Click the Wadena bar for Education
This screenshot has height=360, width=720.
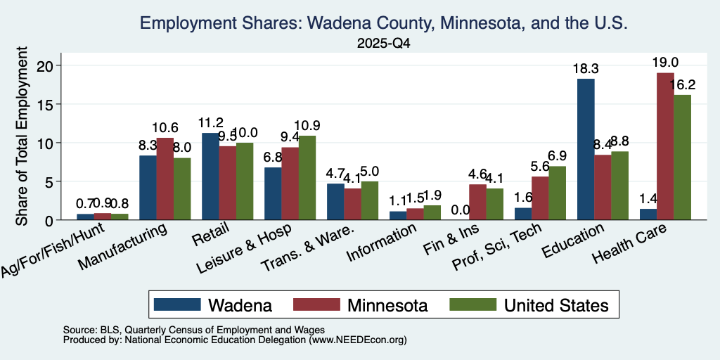[x=586, y=149]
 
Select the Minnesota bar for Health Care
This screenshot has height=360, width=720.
[x=665, y=146]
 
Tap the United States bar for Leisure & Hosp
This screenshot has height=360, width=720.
[x=307, y=178]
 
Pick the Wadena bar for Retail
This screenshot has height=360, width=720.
[x=210, y=176]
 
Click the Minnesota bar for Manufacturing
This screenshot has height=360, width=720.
[x=165, y=179]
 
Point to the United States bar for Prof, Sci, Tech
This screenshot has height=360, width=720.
[x=557, y=193]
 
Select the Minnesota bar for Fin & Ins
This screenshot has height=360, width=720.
[x=477, y=202]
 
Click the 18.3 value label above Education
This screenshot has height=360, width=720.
[x=586, y=68]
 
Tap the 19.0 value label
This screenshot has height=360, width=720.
[x=665, y=63]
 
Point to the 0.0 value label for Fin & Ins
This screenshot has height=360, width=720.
[x=461, y=210]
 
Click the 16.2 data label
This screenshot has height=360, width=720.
[x=682, y=84]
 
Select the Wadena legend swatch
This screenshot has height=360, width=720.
[x=177, y=304]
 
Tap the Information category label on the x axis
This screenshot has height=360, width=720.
[x=381, y=243]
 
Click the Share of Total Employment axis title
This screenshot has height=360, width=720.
[x=22, y=136]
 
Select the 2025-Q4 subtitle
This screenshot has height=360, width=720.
[x=384, y=44]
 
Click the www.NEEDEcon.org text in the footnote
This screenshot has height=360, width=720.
[x=358, y=340]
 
